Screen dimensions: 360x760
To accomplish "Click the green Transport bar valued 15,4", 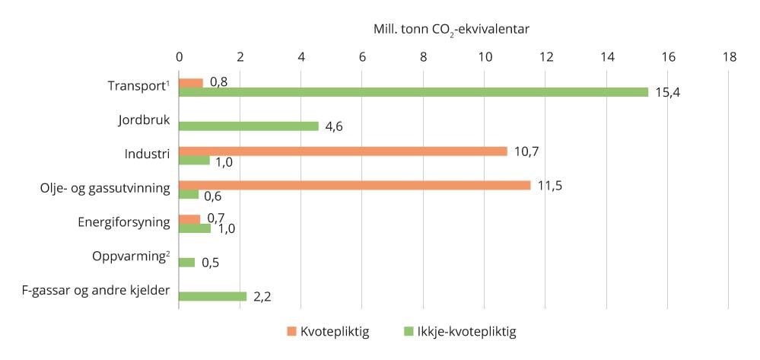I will click(x=413, y=92).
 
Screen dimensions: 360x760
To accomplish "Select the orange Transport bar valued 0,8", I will click(x=191, y=82).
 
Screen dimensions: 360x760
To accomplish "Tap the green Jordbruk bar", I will click(x=249, y=126).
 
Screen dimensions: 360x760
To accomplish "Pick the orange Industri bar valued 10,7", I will click(x=343, y=151).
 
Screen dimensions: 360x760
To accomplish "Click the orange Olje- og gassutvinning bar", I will click(x=355, y=185).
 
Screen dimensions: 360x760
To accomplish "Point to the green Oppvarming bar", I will click(x=187, y=263).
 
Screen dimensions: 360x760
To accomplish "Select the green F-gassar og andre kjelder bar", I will click(x=213, y=296).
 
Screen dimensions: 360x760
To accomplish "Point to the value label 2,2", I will click(x=263, y=296).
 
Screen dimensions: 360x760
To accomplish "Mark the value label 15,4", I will click(x=666, y=92).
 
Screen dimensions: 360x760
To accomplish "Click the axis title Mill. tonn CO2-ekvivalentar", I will click(x=451, y=29).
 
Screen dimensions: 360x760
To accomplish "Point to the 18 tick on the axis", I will click(x=729, y=56).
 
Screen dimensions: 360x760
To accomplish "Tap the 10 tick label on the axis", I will click(x=485, y=56).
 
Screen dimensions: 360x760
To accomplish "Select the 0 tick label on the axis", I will click(x=179, y=56).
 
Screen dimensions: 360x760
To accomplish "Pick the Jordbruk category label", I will click(x=145, y=120).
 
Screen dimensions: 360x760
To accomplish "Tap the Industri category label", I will click(x=148, y=155).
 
